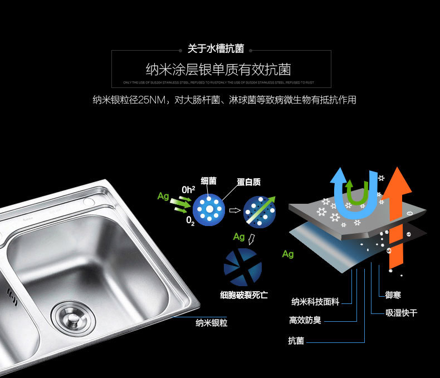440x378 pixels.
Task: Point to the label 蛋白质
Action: click(x=248, y=182)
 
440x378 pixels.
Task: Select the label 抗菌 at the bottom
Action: click(x=296, y=340)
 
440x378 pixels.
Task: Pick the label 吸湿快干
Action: click(x=402, y=313)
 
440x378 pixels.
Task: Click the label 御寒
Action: click(x=393, y=294)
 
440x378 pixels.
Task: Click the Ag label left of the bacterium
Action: click(x=163, y=196)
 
